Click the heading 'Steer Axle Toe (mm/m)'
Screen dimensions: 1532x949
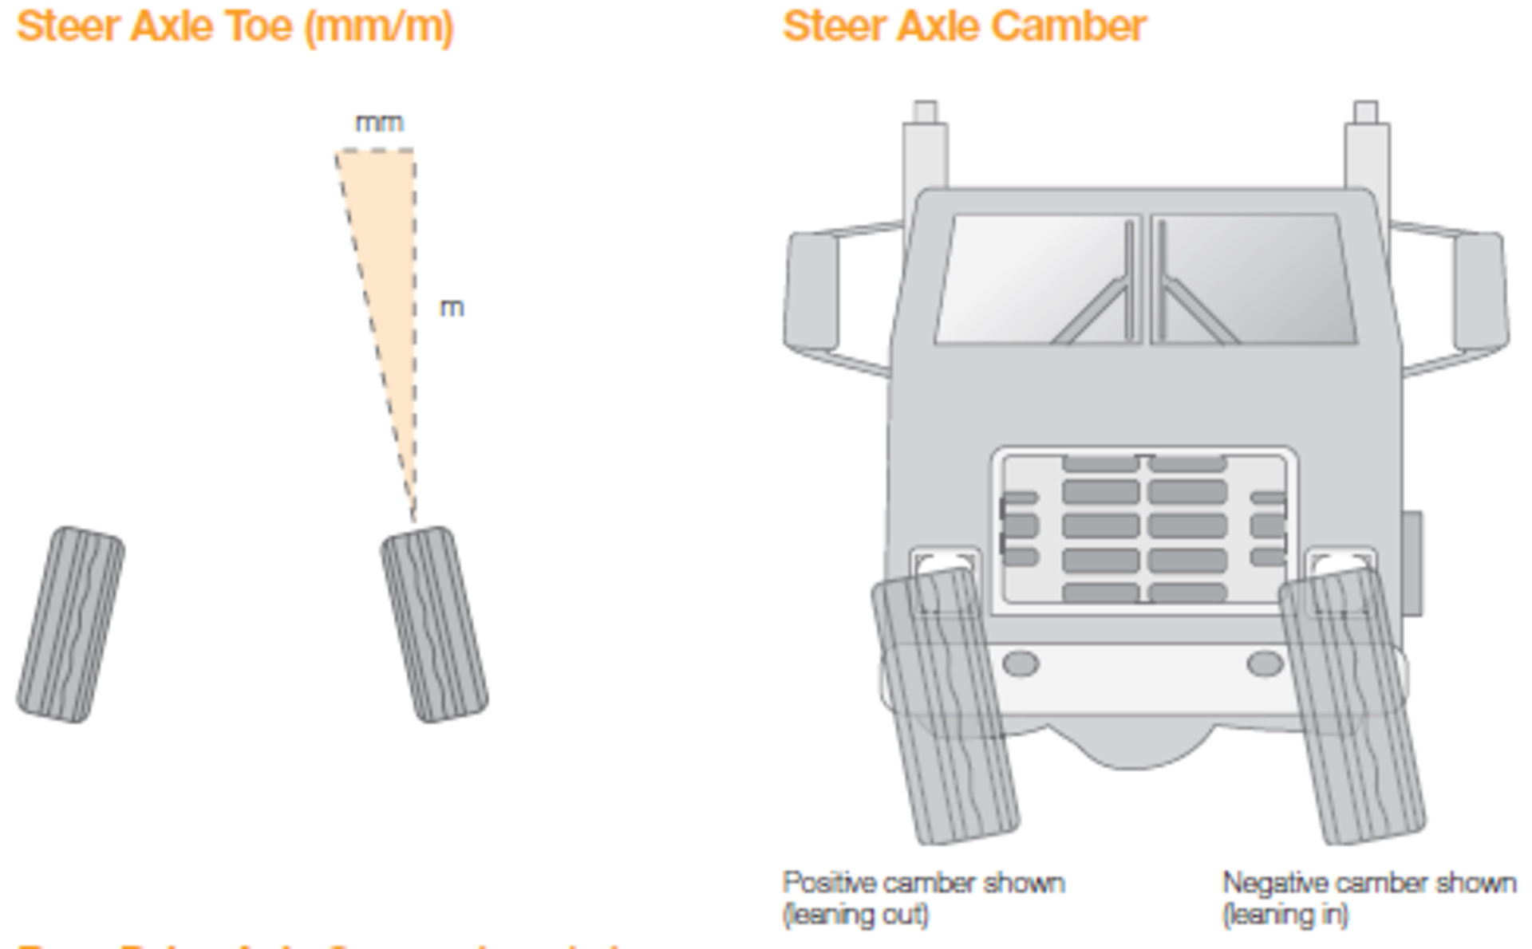(x=235, y=27)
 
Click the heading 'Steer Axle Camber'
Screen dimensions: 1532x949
(x=964, y=27)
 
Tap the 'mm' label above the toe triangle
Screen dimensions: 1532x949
(x=379, y=124)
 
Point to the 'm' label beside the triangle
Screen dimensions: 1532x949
(x=452, y=308)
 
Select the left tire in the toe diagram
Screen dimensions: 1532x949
(x=70, y=624)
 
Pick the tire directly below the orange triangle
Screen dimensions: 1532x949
(x=433, y=624)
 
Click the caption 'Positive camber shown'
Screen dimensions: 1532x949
(x=923, y=883)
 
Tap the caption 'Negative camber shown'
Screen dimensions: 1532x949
(x=1368, y=883)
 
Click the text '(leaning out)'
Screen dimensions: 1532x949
(x=855, y=914)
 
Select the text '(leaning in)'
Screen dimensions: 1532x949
(x=1285, y=914)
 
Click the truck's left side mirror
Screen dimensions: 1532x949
(x=811, y=291)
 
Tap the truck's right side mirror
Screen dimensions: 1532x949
(x=1480, y=291)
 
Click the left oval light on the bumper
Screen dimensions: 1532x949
(x=1020, y=664)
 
